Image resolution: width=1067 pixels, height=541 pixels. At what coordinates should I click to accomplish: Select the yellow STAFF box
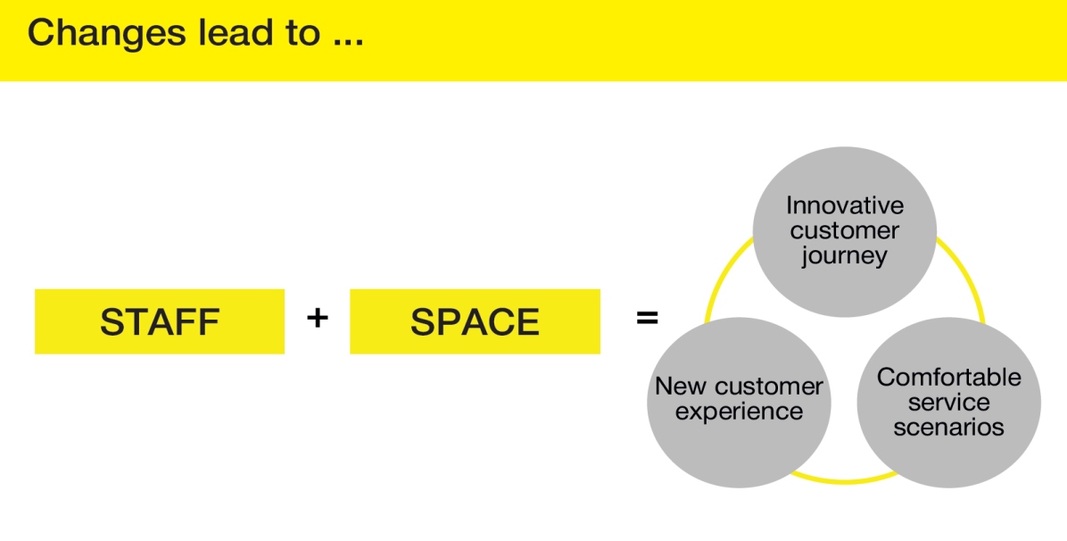pyautogui.click(x=159, y=321)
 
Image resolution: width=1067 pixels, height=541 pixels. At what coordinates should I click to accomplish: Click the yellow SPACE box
pyautogui.click(x=475, y=321)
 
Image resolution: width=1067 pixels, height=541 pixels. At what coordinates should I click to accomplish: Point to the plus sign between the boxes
pyautogui.click(x=317, y=317)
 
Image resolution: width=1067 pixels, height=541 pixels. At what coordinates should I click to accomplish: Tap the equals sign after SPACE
pyautogui.click(x=647, y=317)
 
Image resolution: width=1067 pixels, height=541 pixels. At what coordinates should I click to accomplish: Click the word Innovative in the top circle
pyautogui.click(x=844, y=206)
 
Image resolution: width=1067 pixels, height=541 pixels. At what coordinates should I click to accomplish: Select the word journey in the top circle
pyautogui.click(x=844, y=256)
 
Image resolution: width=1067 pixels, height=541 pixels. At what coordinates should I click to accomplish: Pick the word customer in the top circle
pyautogui.click(x=844, y=231)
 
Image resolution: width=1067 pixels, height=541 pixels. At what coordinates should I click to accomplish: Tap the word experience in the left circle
pyautogui.click(x=739, y=412)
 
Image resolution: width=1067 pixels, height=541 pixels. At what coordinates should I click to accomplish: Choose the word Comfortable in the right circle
pyautogui.click(x=948, y=377)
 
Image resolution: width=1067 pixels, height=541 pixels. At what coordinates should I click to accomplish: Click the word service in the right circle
pyautogui.click(x=948, y=402)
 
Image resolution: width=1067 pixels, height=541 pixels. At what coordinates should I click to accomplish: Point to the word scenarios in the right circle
pyautogui.click(x=948, y=427)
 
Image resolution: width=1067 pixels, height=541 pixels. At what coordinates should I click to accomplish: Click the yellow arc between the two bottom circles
pyautogui.click(x=843, y=480)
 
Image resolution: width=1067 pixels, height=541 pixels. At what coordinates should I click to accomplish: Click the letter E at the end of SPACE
pyautogui.click(x=529, y=322)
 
